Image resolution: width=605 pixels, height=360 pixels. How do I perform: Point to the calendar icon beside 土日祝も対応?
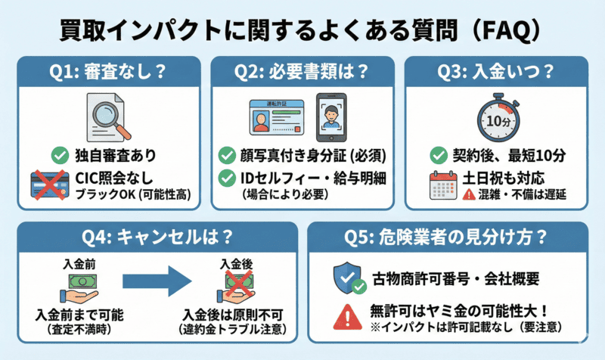click(442, 185)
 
